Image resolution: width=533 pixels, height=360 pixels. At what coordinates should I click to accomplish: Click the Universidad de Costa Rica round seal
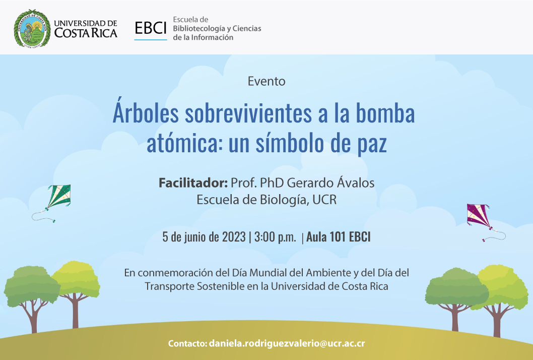(x=32, y=28)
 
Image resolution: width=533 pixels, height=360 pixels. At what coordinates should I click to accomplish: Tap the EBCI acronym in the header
(x=151, y=28)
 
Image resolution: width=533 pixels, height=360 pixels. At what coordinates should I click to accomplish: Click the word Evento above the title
(x=266, y=81)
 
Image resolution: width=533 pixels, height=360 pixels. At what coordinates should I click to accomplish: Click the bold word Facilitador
(x=193, y=183)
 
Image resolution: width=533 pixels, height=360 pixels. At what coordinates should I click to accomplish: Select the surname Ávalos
(x=356, y=182)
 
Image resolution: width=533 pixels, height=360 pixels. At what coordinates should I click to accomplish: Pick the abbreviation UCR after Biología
(x=324, y=200)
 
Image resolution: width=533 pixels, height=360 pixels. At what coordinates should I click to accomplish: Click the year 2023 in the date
(x=234, y=237)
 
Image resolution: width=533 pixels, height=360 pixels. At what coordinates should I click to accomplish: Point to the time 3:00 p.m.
(x=275, y=237)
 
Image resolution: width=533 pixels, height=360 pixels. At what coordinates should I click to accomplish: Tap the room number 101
(x=338, y=237)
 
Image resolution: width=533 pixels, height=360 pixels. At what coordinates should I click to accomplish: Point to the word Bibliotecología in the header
(x=199, y=29)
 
